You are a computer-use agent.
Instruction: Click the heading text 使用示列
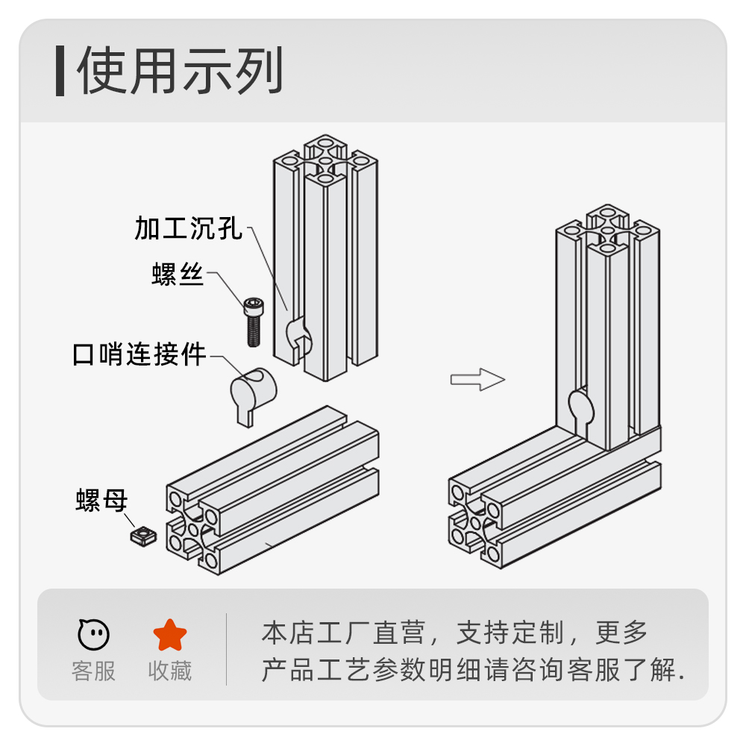coord(180,72)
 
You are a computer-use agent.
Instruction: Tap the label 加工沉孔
coord(189,228)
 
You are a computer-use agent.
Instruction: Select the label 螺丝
coord(178,275)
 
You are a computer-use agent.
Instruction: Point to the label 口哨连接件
coord(140,354)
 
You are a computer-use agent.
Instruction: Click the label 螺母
coord(101,500)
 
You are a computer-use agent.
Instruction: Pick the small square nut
coord(141,536)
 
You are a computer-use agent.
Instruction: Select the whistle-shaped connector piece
coord(251,395)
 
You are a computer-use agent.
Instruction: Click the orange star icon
coord(170,635)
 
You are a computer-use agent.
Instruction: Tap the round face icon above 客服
coord(94,635)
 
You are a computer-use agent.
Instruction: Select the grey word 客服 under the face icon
coord(94,671)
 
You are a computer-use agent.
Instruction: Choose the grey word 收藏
coord(170,671)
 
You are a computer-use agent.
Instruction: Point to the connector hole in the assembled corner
coord(582,407)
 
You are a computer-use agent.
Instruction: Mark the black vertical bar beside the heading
coord(60,71)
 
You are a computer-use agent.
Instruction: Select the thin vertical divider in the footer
coord(227,649)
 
